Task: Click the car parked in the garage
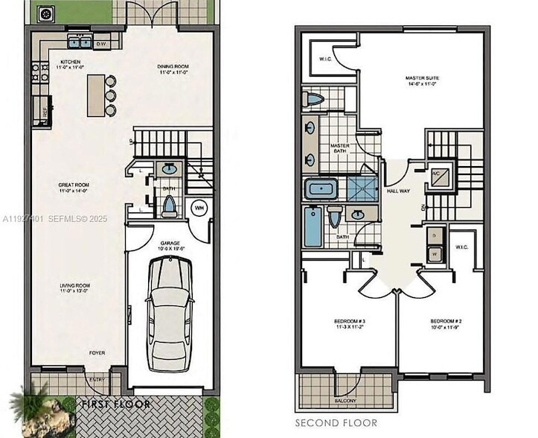[x=170, y=313]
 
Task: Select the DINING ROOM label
[x=173, y=67]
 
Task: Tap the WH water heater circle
[x=199, y=208]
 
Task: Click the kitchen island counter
[x=95, y=95]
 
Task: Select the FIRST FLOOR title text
[x=115, y=404]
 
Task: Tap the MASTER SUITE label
[x=422, y=78]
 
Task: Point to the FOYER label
[x=97, y=352]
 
